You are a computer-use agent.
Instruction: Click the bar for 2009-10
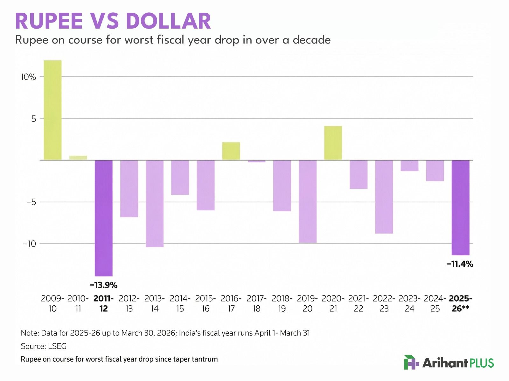click(52, 110)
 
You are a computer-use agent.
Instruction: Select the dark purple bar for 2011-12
click(104, 218)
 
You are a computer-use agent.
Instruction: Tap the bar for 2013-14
click(155, 203)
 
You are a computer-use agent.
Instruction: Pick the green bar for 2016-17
click(231, 151)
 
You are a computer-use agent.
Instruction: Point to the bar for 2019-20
click(308, 201)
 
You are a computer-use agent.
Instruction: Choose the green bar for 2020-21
click(333, 143)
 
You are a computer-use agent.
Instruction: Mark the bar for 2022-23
click(384, 197)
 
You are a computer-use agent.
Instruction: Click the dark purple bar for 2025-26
click(460, 208)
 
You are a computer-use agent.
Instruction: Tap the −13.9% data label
click(104, 285)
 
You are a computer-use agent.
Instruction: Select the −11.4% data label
click(460, 264)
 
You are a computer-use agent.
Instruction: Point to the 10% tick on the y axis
click(28, 77)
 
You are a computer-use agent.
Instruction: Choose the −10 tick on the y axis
click(29, 244)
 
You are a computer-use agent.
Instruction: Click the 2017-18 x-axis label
click(256, 303)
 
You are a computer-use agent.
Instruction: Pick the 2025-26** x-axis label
click(460, 303)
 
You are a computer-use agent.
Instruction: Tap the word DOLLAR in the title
click(168, 22)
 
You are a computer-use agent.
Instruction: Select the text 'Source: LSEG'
click(44, 346)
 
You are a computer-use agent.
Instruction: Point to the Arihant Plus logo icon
click(411, 363)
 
